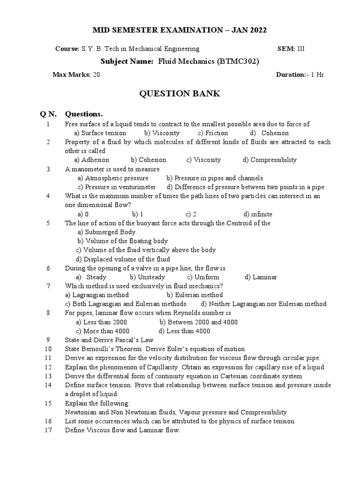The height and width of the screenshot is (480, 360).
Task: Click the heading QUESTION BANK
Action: point(180,94)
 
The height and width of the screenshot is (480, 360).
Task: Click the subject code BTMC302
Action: point(238,61)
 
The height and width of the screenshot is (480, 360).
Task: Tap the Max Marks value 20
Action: point(96,75)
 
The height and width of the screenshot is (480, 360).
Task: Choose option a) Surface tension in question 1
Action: point(97,133)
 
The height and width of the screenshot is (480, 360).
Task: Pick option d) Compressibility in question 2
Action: point(270,160)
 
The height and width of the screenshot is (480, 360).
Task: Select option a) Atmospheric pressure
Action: point(113,178)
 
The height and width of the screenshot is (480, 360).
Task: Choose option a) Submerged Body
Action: point(106,232)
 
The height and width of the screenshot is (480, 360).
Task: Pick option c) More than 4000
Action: point(103,331)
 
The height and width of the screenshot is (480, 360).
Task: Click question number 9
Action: point(48,340)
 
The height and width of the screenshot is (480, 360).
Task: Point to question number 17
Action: point(48,430)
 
